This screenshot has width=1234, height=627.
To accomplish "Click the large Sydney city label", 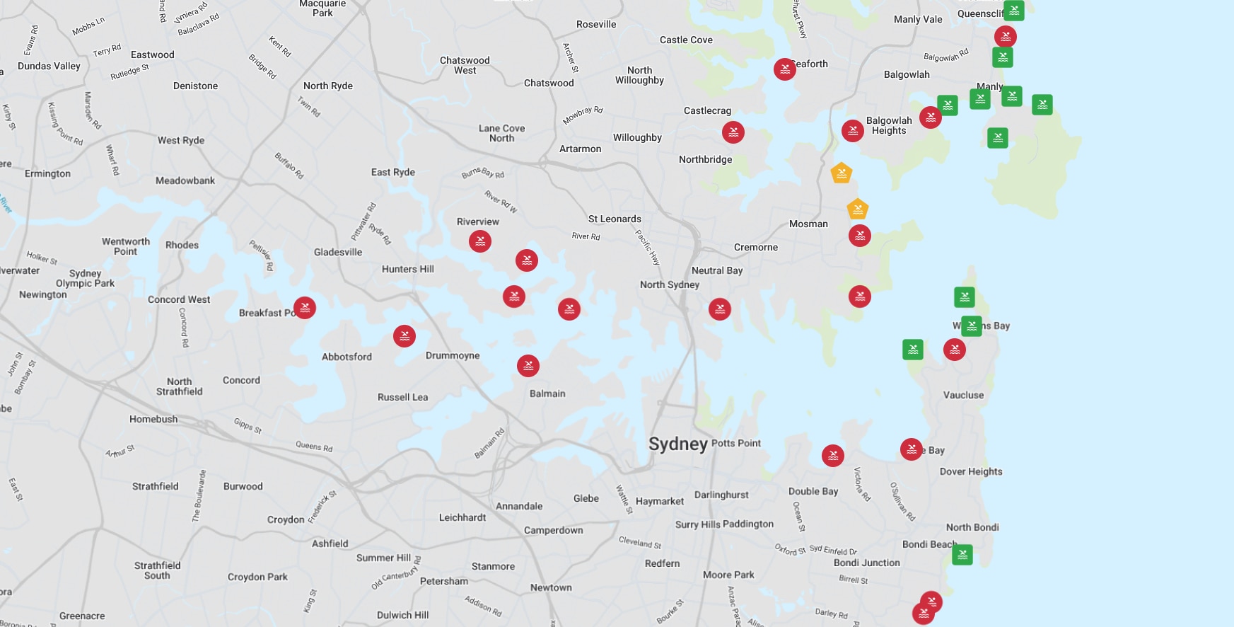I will click(678, 444).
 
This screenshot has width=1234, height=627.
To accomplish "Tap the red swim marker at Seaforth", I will click(784, 69).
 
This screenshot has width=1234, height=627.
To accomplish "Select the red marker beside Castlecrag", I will click(733, 132).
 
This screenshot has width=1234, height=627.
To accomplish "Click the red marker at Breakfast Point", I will click(305, 308).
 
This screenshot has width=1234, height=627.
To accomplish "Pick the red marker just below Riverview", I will click(480, 241).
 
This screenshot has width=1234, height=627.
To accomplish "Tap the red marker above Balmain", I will click(528, 366).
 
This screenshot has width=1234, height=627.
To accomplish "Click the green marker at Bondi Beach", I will click(962, 555).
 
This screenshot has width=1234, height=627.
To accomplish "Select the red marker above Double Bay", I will click(833, 456).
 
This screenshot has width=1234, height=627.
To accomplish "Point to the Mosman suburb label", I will click(808, 224).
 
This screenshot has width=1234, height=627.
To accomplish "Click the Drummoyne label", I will click(453, 355).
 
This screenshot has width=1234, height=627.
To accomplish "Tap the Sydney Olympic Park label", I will click(85, 278).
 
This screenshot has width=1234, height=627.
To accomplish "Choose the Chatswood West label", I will click(465, 65).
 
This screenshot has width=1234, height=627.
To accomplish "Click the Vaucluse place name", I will click(963, 395).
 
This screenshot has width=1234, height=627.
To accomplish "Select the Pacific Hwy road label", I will click(647, 247).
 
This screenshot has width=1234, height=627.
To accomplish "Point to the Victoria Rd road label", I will click(862, 484).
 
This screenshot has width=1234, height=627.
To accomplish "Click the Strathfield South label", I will click(157, 570).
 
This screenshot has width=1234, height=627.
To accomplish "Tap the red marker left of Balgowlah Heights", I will click(853, 131).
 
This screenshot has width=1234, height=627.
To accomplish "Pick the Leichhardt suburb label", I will click(462, 517).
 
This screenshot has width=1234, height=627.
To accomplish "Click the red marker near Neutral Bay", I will click(720, 309).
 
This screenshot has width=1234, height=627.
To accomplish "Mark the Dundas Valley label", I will click(49, 66).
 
